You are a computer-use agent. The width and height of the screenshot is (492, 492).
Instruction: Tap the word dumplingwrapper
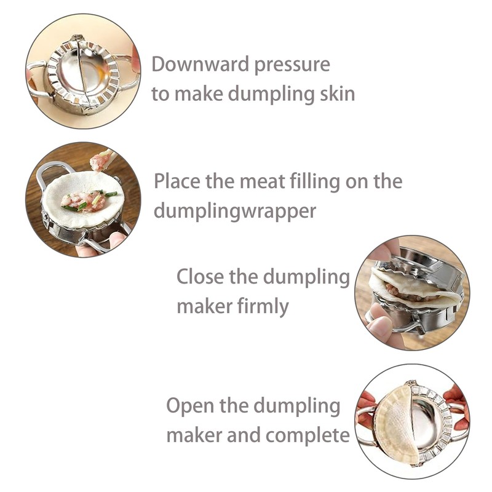pyautogui.click(x=235, y=211)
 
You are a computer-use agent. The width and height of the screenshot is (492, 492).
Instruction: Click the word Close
pyautogui.click(x=200, y=277)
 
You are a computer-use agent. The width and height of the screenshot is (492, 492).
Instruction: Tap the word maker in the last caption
pyautogui.click(x=194, y=436)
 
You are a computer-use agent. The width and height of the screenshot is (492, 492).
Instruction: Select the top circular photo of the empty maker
pyautogui.click(x=82, y=71)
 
